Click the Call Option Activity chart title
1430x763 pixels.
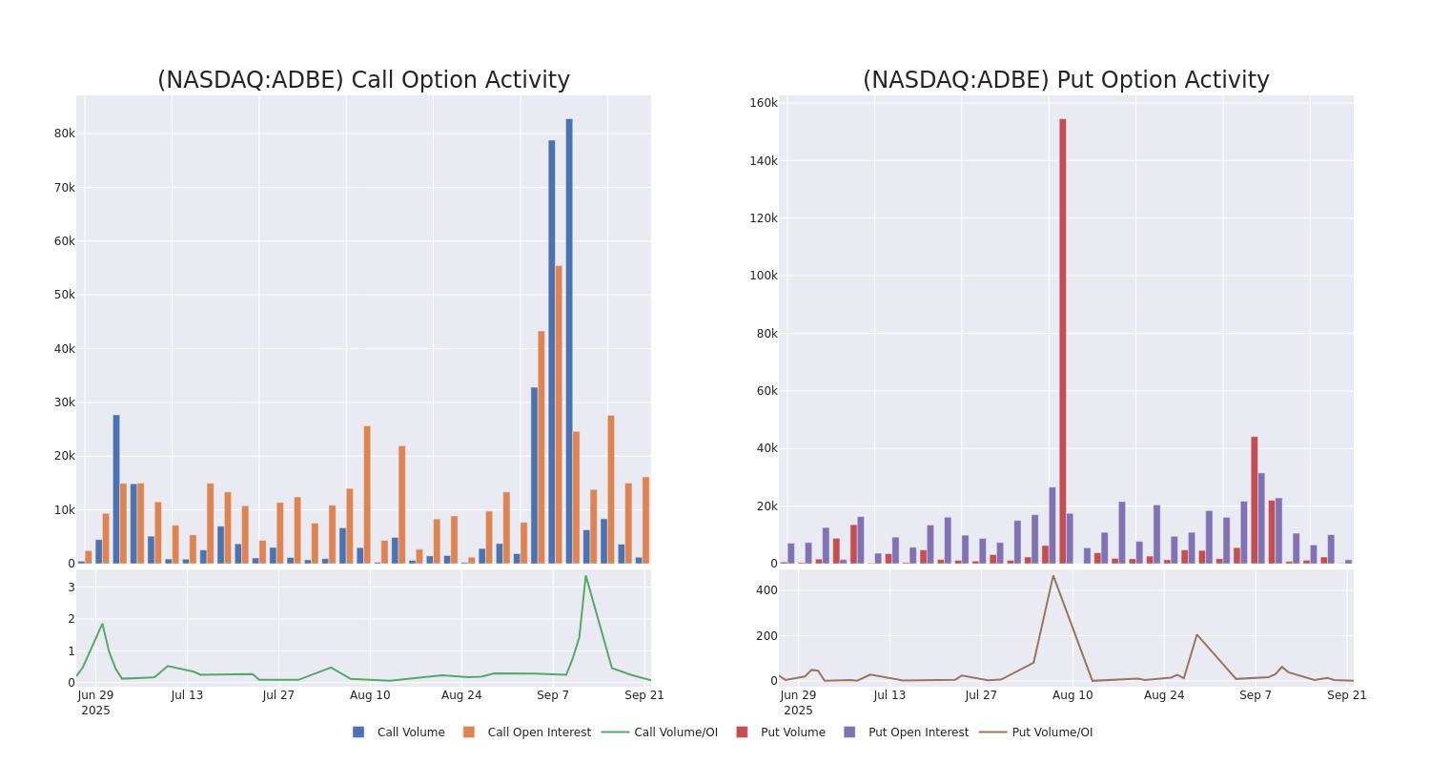click(x=363, y=80)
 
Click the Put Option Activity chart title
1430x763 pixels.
click(x=1066, y=80)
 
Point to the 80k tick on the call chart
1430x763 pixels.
click(x=64, y=134)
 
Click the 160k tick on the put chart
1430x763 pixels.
click(x=764, y=103)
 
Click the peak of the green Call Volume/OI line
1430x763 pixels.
click(x=585, y=576)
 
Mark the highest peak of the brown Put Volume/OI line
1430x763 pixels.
click(x=1053, y=576)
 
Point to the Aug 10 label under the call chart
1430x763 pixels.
click(x=370, y=695)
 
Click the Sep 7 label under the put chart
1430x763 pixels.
click(x=1256, y=695)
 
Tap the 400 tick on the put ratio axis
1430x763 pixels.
click(x=766, y=590)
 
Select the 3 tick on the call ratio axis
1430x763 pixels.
click(x=71, y=588)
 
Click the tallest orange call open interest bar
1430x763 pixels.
click(x=559, y=414)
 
